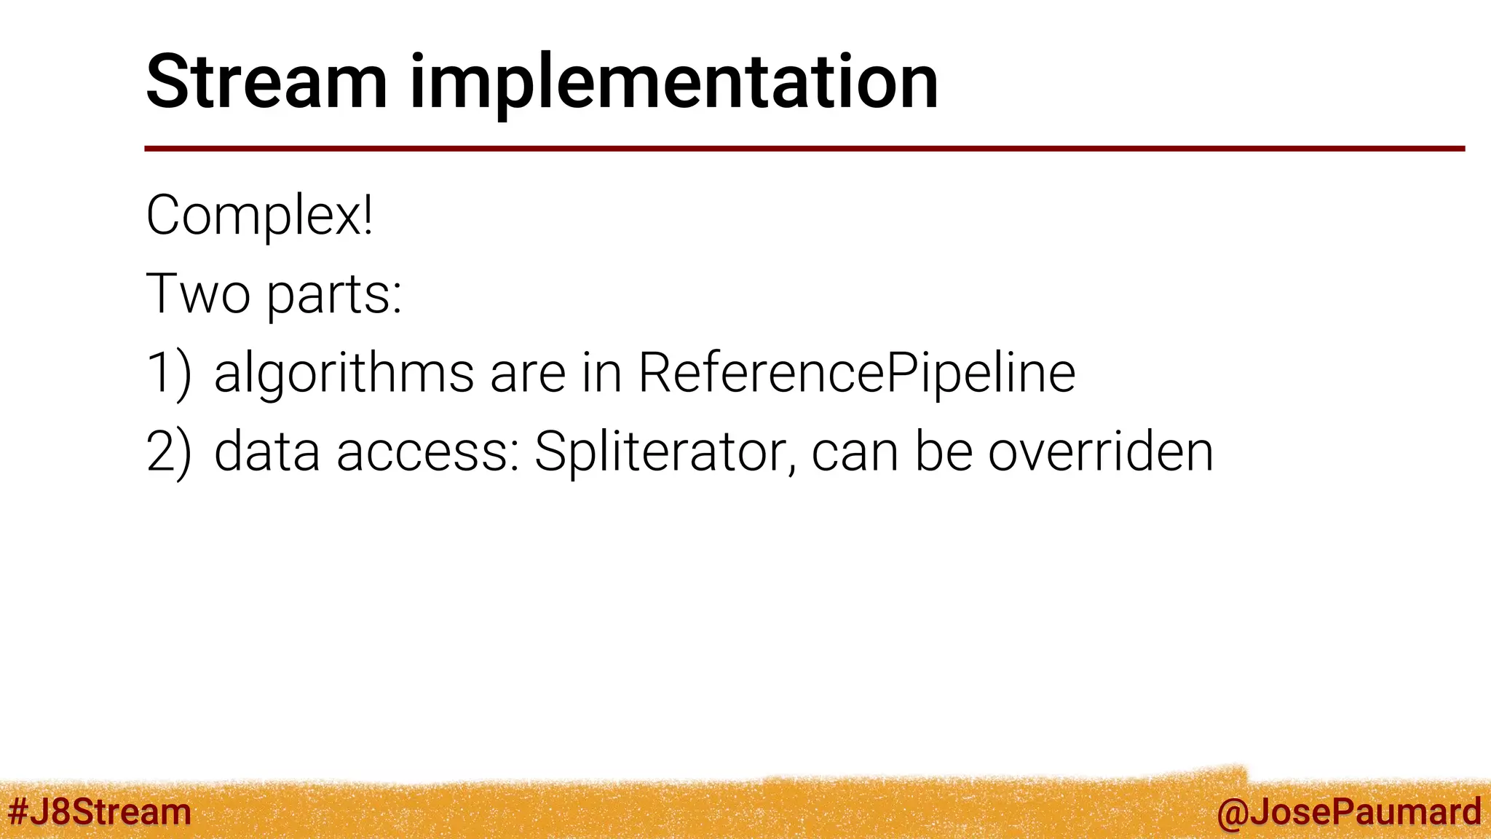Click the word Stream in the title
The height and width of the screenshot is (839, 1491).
(266, 82)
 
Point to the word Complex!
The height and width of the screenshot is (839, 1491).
(260, 216)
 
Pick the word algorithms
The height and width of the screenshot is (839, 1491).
(344, 373)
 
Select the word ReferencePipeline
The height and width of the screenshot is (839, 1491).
(857, 373)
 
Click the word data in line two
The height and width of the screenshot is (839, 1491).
(266, 452)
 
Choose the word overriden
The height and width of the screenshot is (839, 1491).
(1100, 452)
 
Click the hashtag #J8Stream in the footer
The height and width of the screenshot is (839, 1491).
(99, 812)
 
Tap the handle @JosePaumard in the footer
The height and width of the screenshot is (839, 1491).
(1348, 812)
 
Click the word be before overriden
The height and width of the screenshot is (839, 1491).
(944, 452)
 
